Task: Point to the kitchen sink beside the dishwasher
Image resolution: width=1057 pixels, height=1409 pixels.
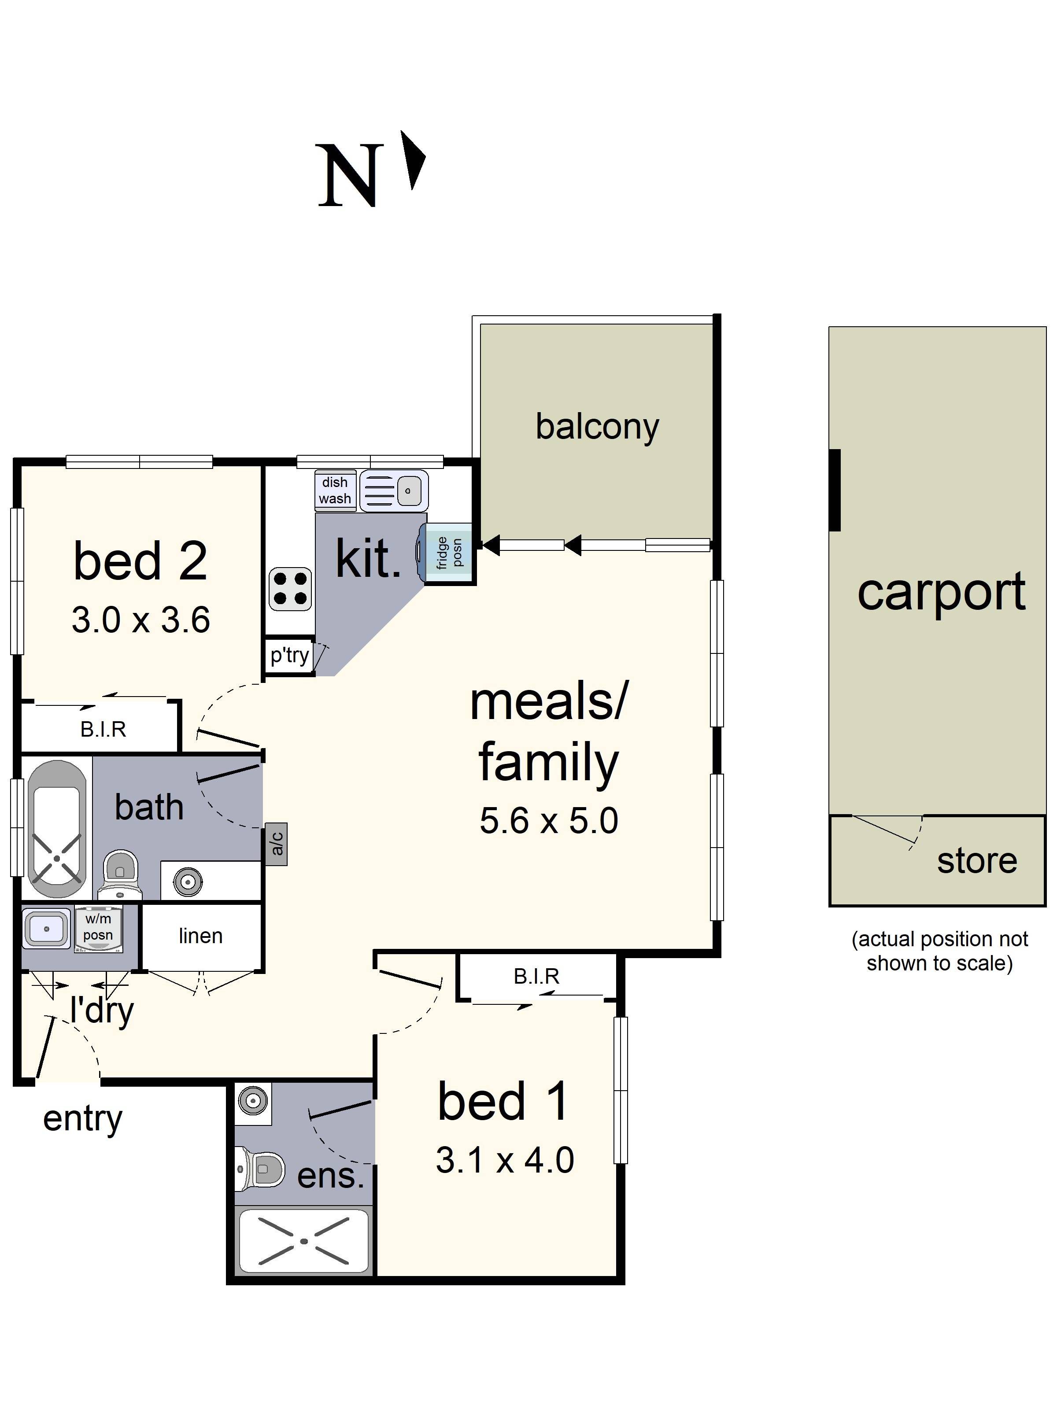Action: click(x=394, y=491)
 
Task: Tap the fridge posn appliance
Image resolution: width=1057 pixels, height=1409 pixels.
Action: click(x=448, y=553)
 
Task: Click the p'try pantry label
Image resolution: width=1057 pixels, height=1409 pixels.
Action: click(x=289, y=655)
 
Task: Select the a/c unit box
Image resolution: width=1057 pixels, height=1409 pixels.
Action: click(x=277, y=844)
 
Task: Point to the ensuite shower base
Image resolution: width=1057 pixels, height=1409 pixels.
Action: click(x=303, y=1240)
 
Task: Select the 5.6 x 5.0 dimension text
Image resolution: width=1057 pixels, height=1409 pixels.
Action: click(x=549, y=820)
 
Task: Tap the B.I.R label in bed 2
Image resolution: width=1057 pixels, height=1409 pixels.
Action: click(x=103, y=729)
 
